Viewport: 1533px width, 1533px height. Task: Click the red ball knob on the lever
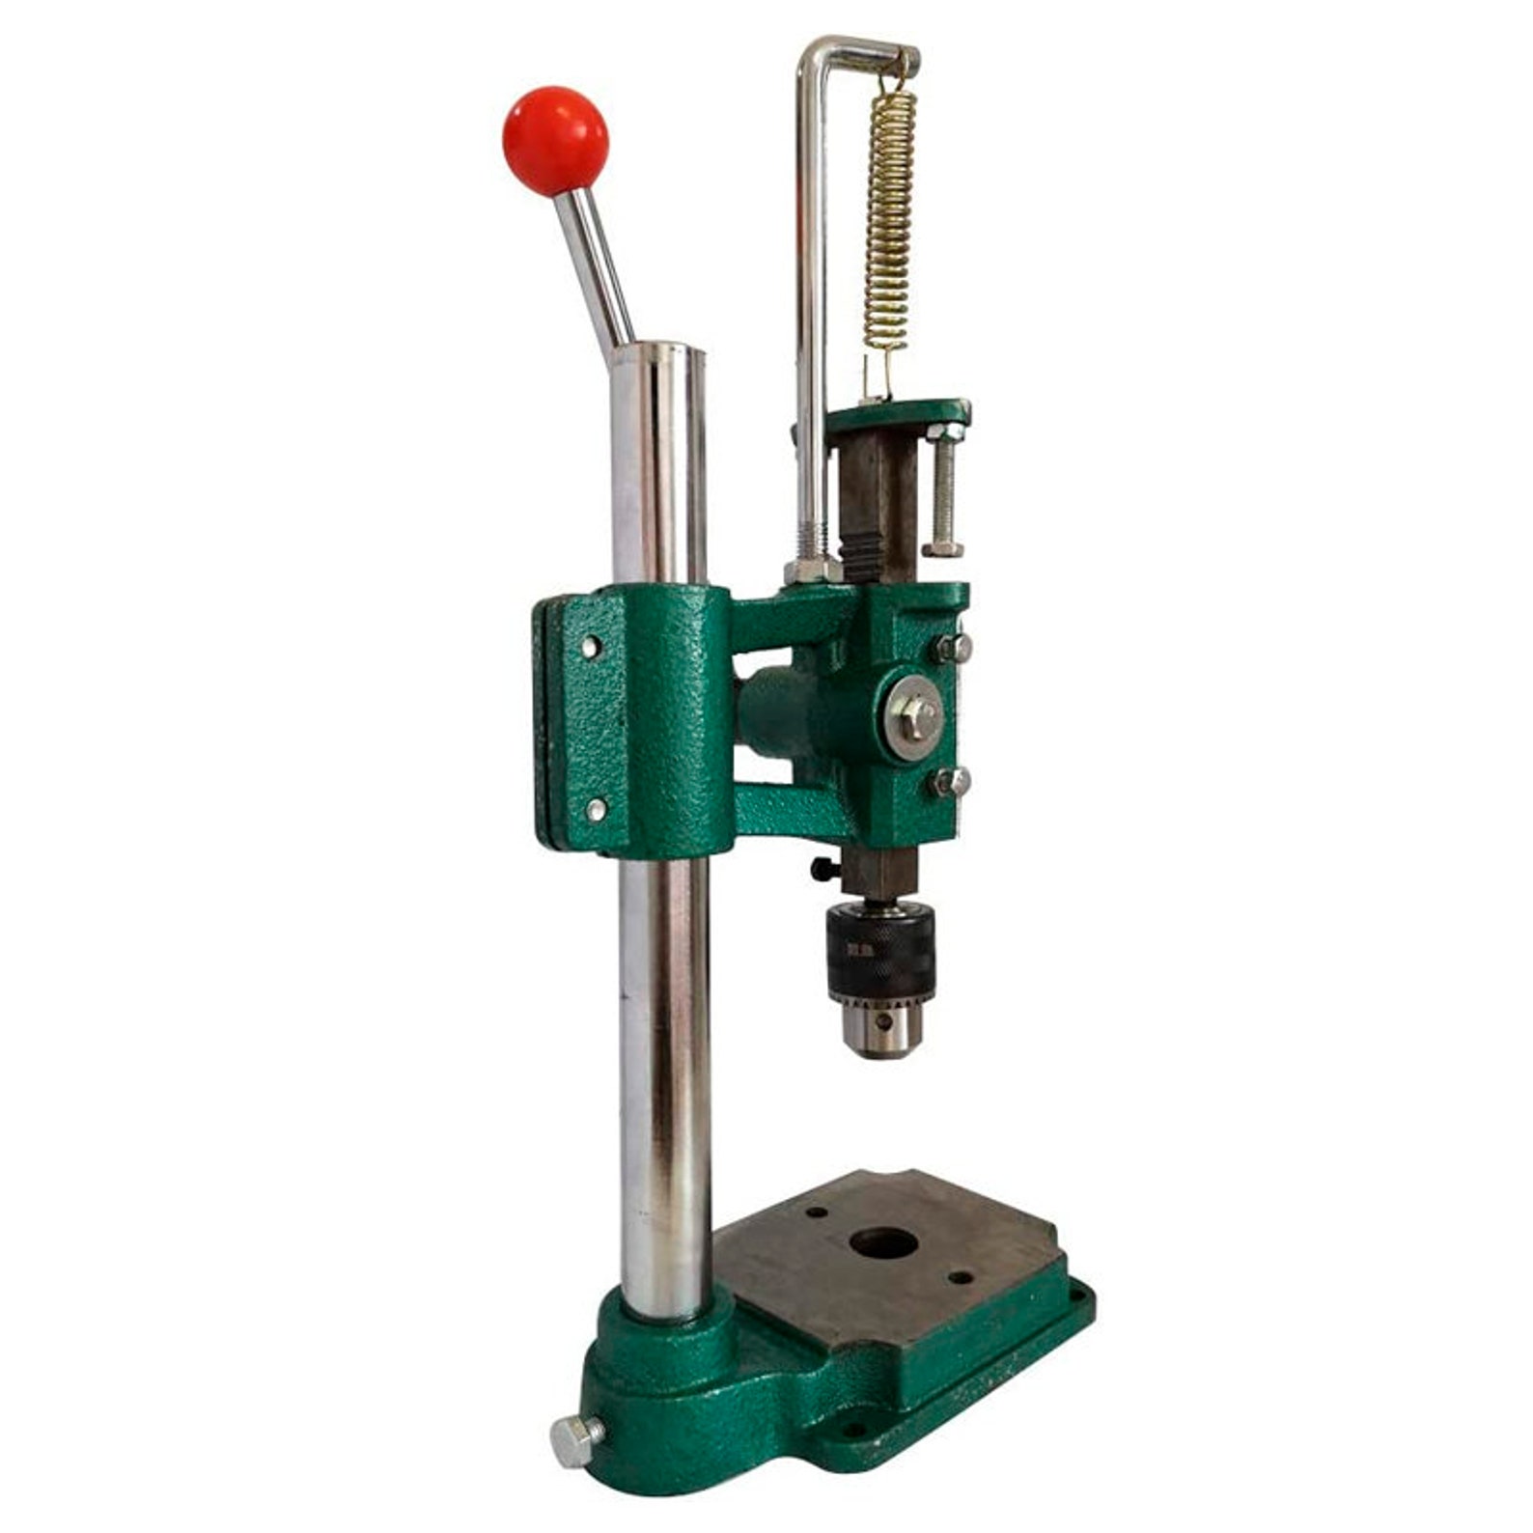tap(555, 141)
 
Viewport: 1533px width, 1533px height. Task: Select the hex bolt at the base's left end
tap(575, 1439)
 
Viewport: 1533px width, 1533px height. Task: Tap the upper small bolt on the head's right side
tap(952, 648)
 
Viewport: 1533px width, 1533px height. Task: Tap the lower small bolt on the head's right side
tap(951, 782)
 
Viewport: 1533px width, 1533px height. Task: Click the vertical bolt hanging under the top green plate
tap(942, 492)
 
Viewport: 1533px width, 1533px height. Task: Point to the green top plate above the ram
tap(898, 416)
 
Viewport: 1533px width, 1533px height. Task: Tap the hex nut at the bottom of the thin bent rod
tap(811, 571)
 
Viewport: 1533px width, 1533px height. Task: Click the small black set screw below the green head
tap(823, 870)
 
